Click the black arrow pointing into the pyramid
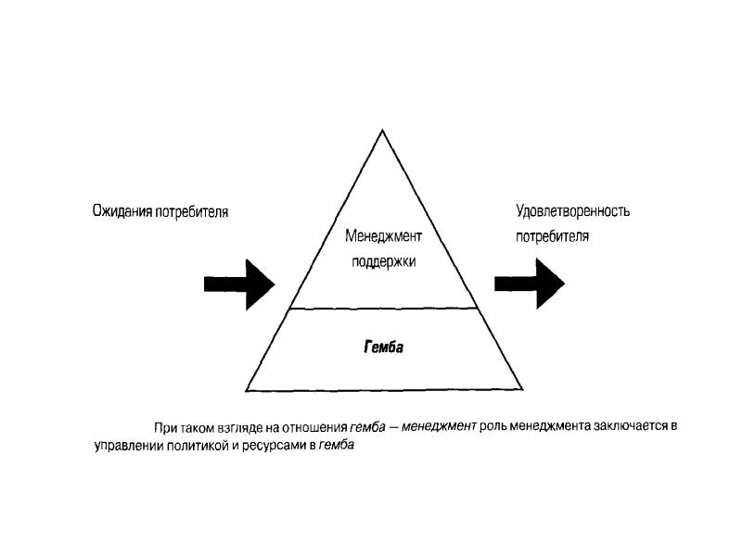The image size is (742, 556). pyautogui.click(x=239, y=284)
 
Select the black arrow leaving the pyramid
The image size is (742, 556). pyautogui.click(x=530, y=284)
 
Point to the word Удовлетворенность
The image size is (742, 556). pyautogui.click(x=572, y=211)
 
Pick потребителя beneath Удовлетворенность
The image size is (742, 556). pyautogui.click(x=553, y=235)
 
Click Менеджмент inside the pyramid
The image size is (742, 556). pyautogui.click(x=383, y=236)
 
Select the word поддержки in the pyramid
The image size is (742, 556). pyautogui.click(x=383, y=261)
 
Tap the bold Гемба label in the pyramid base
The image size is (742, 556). pyautogui.click(x=383, y=348)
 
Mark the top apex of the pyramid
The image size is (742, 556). pyautogui.click(x=384, y=130)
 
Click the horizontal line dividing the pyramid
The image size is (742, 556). pyautogui.click(x=384, y=308)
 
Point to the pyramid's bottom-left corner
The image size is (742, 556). pyautogui.click(x=247, y=389)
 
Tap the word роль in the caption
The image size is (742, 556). pyautogui.click(x=493, y=427)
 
